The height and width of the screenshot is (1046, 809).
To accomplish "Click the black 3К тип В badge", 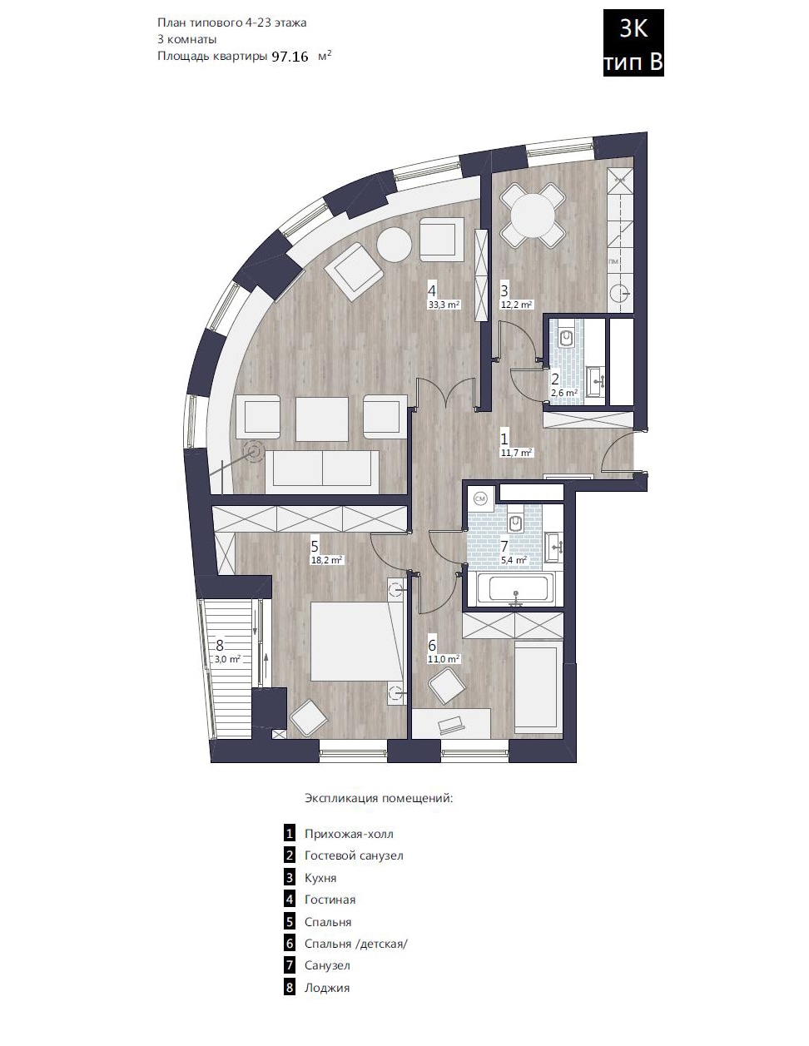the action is pos(633,42).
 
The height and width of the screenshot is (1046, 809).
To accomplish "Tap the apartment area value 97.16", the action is pos(290,57).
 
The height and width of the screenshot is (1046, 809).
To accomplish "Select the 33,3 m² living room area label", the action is pos(444,305).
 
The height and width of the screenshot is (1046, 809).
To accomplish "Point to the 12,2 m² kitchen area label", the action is pos(517,305).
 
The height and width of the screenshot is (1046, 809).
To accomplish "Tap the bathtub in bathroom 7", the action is pos(519,588).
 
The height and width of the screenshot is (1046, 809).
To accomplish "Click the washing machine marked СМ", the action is pos(479,499).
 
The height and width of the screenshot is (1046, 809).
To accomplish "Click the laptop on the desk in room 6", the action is pos(451,725).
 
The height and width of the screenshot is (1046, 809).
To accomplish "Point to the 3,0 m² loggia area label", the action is pos(227,659).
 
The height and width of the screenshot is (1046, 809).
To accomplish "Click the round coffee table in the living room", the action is pos(395,245).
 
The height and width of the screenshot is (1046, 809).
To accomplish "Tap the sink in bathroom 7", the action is pos(554,547).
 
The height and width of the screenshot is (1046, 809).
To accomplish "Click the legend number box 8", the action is pos(290,988).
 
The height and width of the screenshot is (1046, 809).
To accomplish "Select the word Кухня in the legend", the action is pos(320,878).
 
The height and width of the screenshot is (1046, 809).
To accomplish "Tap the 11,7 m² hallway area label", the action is pos(517,453).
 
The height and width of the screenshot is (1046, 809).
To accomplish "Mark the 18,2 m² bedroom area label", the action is pos(327,560).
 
